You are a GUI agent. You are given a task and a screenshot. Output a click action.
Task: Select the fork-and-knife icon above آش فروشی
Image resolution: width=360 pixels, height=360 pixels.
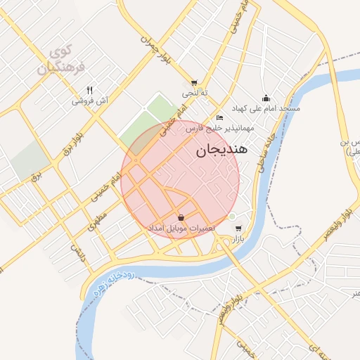pyautogui.click(x=89, y=90)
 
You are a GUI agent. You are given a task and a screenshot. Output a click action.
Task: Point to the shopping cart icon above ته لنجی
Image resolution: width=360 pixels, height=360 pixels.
pyautogui.click(x=194, y=82)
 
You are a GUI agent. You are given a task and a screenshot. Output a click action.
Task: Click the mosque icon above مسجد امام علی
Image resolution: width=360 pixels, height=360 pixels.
pyautogui.click(x=266, y=98)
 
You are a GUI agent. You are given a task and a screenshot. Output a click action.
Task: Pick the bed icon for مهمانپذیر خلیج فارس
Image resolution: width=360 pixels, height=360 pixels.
pyautogui.click(x=220, y=117)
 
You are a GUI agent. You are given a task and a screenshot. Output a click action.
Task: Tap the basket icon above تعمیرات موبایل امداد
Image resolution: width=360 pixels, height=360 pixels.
pyautogui.click(x=182, y=217)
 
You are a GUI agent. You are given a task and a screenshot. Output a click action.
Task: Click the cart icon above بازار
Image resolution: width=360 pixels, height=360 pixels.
pyautogui.click(x=239, y=229)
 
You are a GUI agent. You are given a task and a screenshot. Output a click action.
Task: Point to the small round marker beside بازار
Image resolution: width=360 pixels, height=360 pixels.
pyautogui.click(x=232, y=217)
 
